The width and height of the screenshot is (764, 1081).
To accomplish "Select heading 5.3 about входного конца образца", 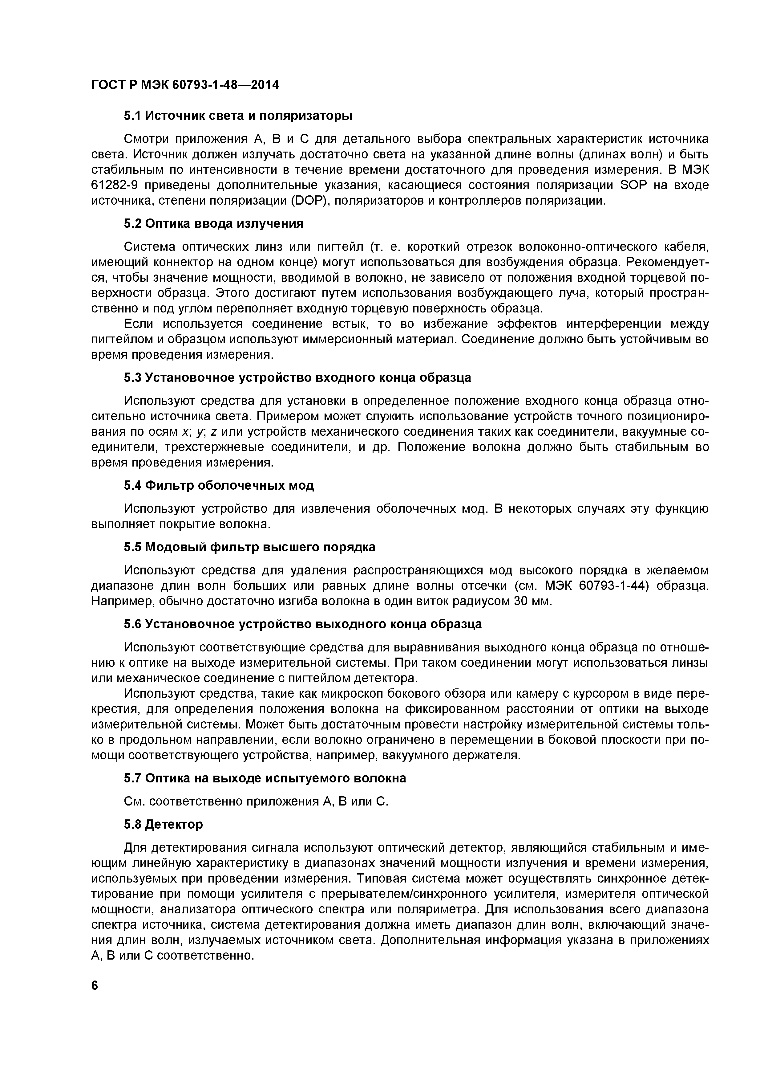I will [297, 377].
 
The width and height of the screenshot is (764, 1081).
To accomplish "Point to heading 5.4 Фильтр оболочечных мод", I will [219, 485].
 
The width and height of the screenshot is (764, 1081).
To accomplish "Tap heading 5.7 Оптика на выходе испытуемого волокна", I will [265, 778].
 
